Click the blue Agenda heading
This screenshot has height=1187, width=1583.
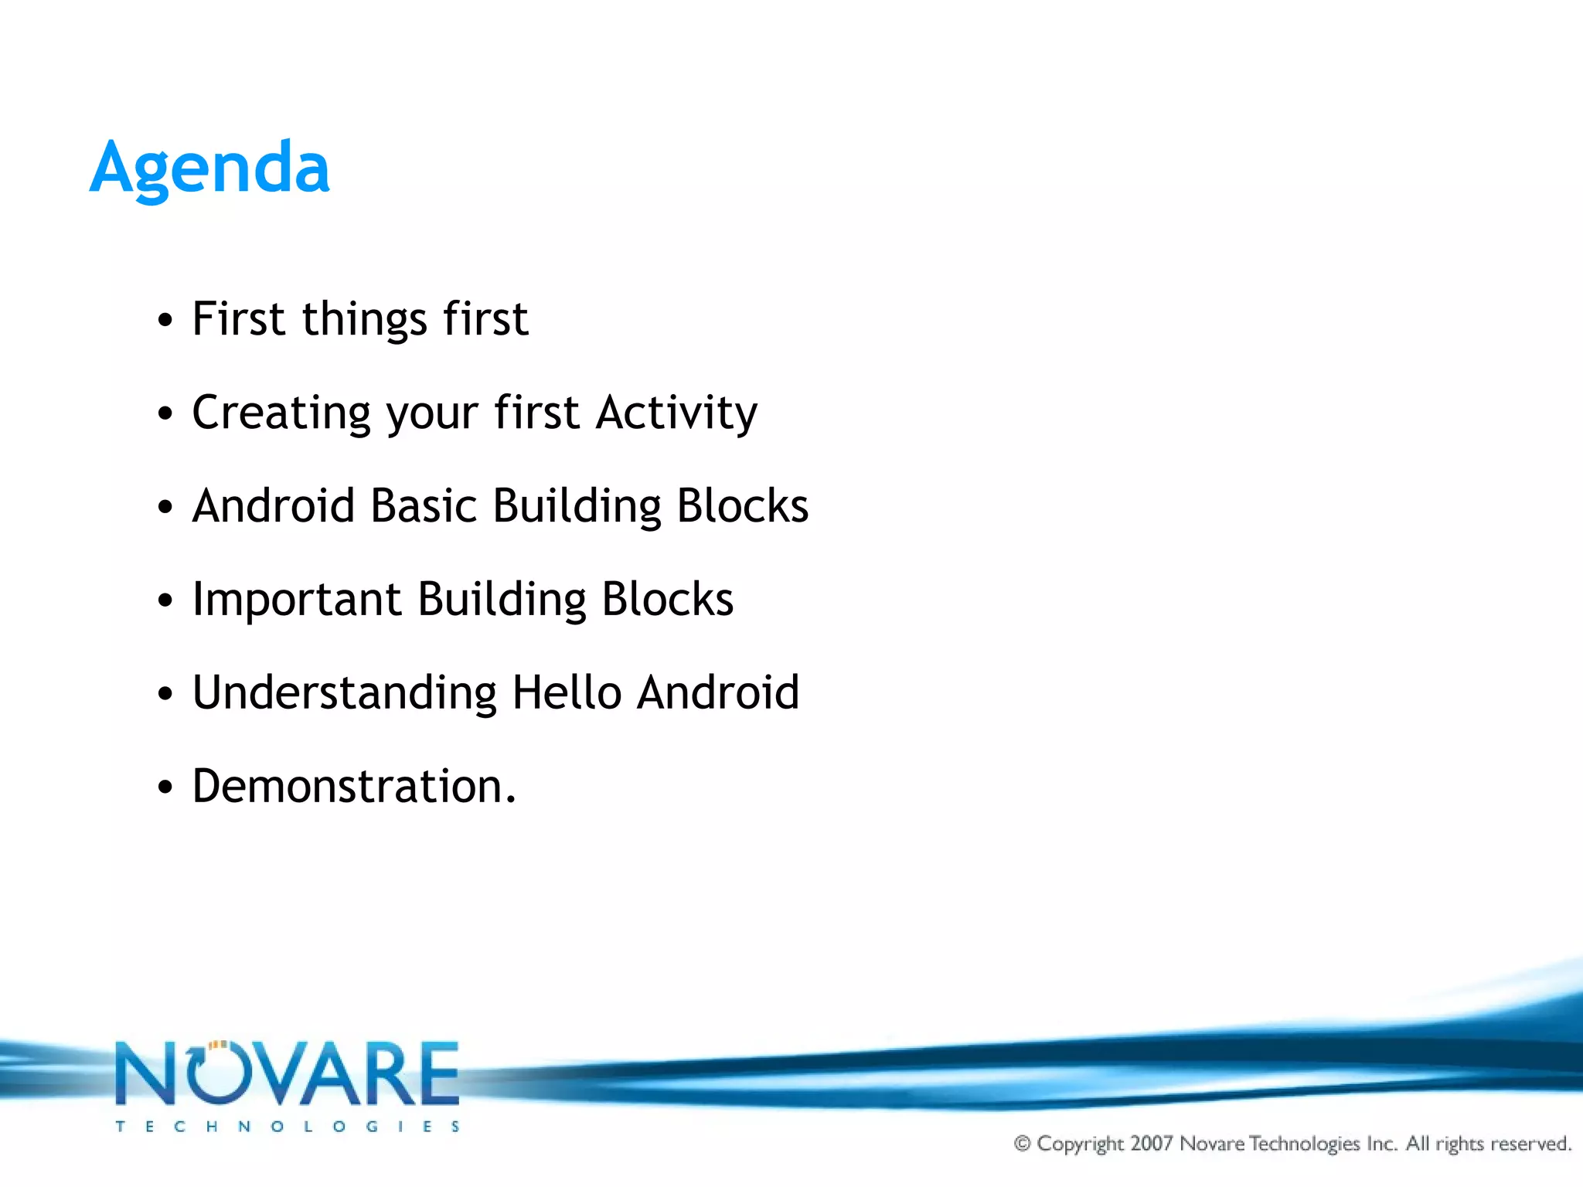click(209, 168)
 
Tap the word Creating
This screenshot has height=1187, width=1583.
click(281, 413)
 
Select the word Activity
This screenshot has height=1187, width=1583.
click(676, 413)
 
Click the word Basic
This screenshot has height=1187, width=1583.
click(424, 506)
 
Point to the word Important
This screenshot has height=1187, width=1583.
click(297, 600)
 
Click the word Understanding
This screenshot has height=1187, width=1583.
click(344, 692)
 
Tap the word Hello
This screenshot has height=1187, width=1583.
click(567, 692)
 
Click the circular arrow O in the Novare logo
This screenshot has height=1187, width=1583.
click(217, 1074)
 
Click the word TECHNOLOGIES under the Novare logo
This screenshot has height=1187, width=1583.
click(288, 1127)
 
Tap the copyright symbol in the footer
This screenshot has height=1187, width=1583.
click(1022, 1143)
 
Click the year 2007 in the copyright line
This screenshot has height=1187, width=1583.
click(1152, 1143)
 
